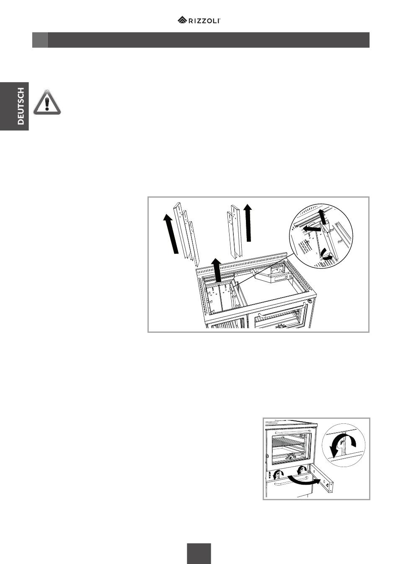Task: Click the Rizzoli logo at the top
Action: coord(199,20)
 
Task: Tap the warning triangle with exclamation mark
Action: coord(47,102)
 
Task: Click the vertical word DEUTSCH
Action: coord(21,106)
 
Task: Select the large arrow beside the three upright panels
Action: coord(171,233)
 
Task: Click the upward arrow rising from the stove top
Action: coord(216,270)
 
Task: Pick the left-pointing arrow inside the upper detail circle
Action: coord(311,229)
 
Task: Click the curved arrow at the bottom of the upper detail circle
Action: coord(327,255)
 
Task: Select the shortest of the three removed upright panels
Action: coord(194,243)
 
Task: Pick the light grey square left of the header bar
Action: coord(40,40)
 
